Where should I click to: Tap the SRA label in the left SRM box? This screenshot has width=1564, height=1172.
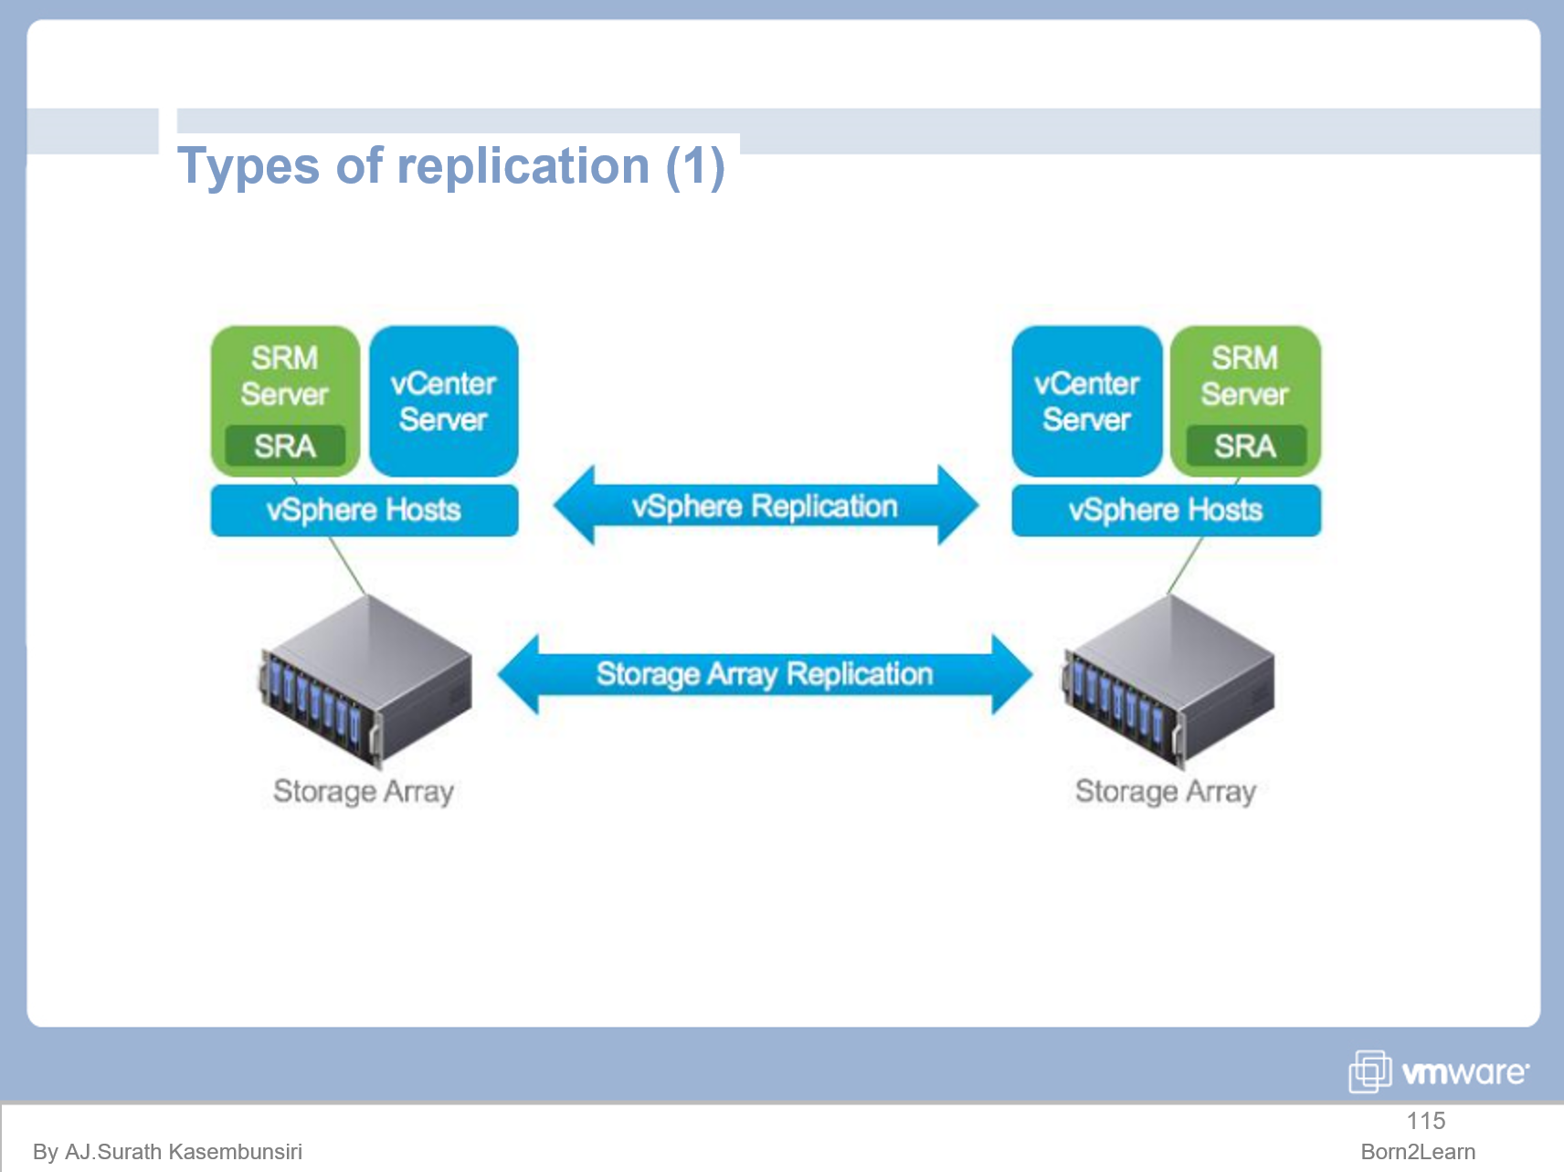coord(285,446)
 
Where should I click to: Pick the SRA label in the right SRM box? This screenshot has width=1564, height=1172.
coord(1245,446)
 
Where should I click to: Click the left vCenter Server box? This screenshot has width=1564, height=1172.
coord(443,401)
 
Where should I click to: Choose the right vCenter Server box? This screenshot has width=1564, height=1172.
coord(1086,401)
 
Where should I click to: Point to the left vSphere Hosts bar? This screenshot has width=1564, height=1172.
coord(364,510)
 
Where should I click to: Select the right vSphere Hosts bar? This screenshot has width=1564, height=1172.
coord(1166,510)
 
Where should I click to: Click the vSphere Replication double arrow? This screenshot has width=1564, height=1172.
coord(765,506)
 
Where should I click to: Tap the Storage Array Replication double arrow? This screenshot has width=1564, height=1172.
coord(765,674)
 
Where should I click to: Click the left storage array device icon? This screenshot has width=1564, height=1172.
coord(365,681)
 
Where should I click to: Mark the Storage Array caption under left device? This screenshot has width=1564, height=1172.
coord(364,791)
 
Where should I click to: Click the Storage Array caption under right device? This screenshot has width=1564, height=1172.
coord(1166,791)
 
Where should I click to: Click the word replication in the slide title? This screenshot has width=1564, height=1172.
coord(523,166)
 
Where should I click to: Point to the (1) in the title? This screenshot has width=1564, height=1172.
coord(694,166)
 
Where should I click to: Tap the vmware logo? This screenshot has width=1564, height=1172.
coord(1439,1072)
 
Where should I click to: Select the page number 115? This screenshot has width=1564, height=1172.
coord(1425,1121)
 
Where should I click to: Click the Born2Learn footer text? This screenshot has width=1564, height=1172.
coord(1418,1152)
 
